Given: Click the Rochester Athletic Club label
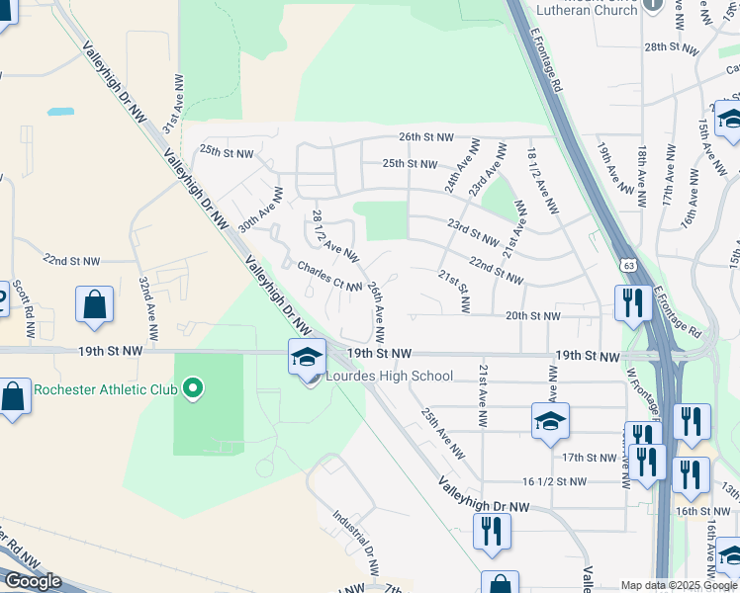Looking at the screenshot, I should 106,389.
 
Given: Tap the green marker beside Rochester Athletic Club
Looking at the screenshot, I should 194,389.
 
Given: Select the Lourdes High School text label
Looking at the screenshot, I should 391,376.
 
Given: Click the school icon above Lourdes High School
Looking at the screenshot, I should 307,356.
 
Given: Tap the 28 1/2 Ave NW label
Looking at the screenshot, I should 334,235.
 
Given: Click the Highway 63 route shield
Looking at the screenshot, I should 629,266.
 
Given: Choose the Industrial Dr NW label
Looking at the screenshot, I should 356,543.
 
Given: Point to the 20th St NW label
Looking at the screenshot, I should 532,316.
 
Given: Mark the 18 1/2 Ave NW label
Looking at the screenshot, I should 540,180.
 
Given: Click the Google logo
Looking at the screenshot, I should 33,581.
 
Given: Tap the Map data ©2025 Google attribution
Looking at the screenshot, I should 679,585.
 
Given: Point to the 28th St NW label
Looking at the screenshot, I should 672,46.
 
